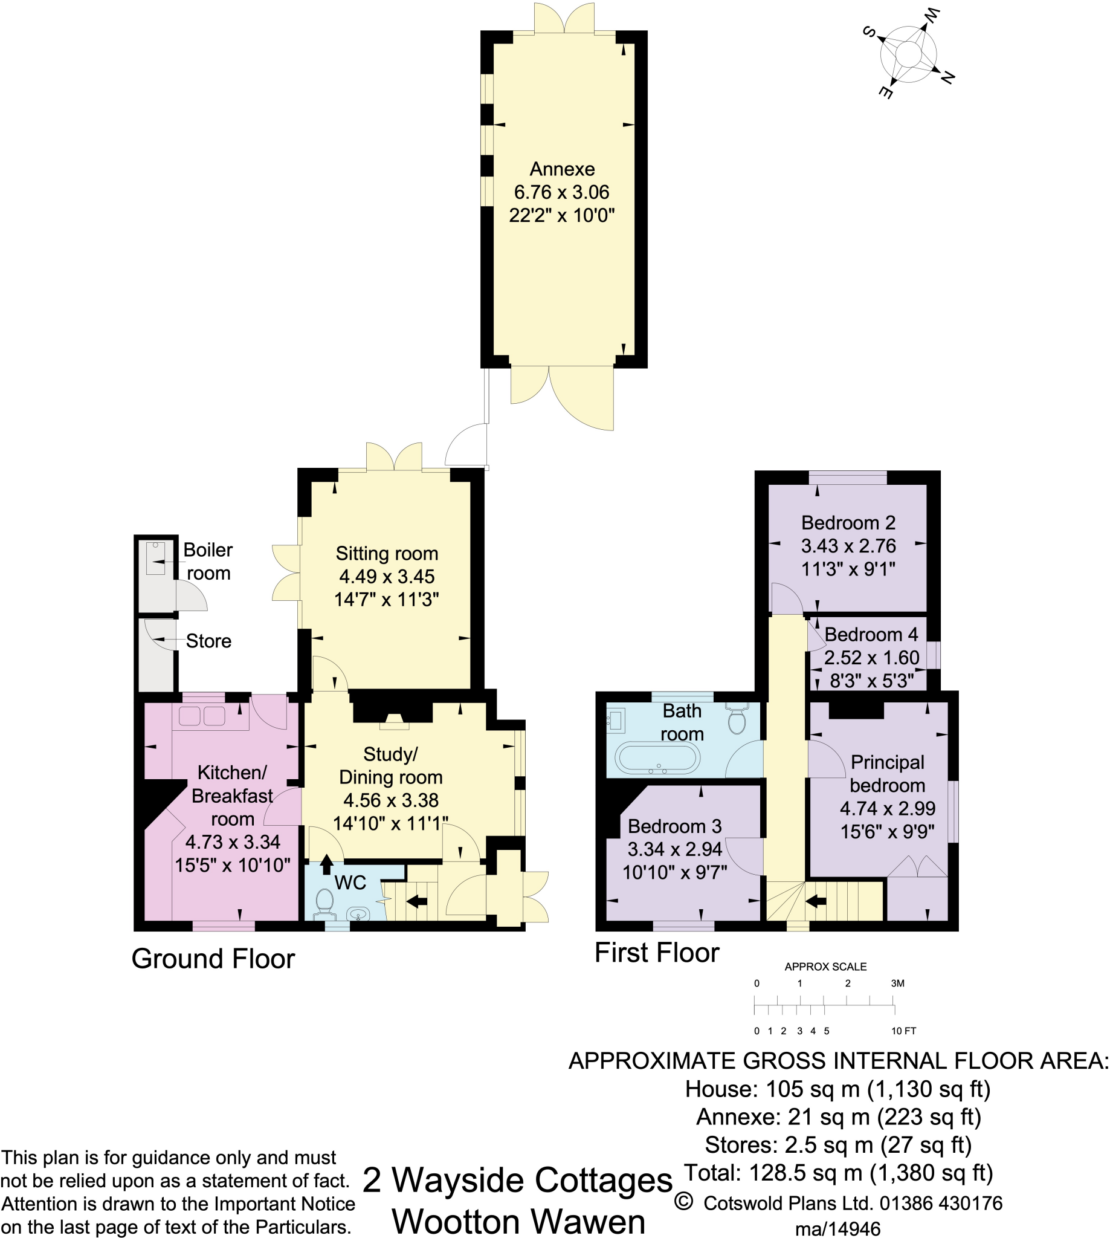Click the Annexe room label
point(562,169)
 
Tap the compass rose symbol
point(908,55)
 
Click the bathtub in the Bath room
point(657,759)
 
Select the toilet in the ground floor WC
point(324,903)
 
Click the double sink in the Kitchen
point(202,716)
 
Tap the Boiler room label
point(208,562)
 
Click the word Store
point(208,641)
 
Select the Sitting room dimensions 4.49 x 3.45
point(387,577)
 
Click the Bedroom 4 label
point(870,635)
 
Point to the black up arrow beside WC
point(326,864)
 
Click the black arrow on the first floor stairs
point(815,901)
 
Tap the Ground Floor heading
point(213,959)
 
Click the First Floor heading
point(657,953)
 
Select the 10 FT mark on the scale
point(903,1031)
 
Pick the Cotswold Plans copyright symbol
point(684,1202)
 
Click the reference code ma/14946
point(838,1228)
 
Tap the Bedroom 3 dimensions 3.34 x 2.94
point(674,849)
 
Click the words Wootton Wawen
point(518,1221)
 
